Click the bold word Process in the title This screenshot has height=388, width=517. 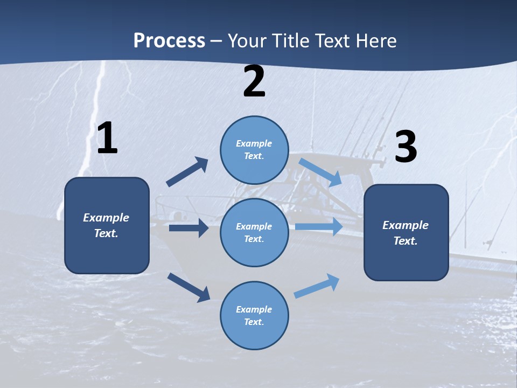point(169,41)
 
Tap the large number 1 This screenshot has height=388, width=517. point(107,138)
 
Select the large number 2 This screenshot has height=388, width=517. point(254,82)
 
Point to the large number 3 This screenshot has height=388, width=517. point(406,147)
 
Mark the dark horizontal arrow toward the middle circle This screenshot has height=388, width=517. point(188,228)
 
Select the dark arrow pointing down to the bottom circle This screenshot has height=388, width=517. point(188,287)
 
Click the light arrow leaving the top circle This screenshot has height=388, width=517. point(320,172)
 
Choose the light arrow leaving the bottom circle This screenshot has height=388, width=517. point(317,286)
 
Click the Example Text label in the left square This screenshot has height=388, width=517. point(106,225)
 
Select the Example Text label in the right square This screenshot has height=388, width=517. point(406,233)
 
